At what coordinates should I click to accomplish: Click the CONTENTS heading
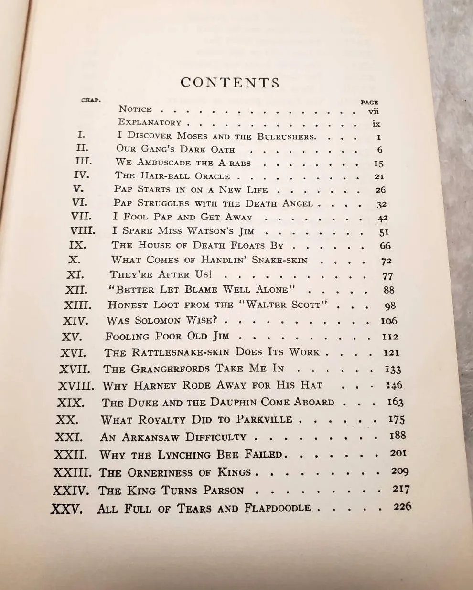(x=230, y=83)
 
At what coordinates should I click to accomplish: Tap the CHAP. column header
(x=91, y=100)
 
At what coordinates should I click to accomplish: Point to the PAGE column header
(x=369, y=102)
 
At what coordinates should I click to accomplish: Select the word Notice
(x=135, y=109)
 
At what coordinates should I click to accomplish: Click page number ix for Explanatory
(x=376, y=124)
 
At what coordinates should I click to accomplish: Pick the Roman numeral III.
(x=84, y=162)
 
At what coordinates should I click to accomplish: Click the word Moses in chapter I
(x=192, y=136)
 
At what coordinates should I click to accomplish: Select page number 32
(x=381, y=204)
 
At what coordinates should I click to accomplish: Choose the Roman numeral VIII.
(x=83, y=231)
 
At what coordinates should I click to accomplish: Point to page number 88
(x=389, y=290)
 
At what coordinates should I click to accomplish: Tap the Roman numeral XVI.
(x=73, y=353)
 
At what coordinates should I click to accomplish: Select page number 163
(x=395, y=402)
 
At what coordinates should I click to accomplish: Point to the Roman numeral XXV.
(x=67, y=508)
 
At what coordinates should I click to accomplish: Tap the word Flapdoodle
(x=278, y=508)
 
